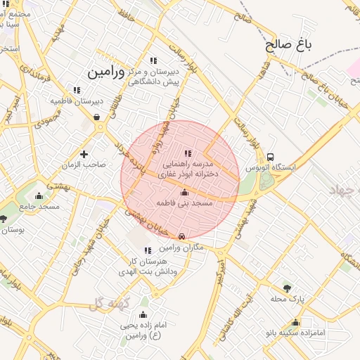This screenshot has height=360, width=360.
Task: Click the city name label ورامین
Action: click(105, 72)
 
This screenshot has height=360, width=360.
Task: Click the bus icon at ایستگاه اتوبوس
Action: click(271, 157)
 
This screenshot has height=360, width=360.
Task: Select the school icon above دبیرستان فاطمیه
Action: click(77, 90)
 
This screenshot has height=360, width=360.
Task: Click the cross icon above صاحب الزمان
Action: click(84, 153)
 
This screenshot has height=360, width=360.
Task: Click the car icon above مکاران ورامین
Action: click(182, 237)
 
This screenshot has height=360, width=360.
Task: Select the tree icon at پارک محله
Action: click(286, 288)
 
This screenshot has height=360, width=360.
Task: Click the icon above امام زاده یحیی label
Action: click(144, 314)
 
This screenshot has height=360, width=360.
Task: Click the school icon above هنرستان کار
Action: click(147, 250)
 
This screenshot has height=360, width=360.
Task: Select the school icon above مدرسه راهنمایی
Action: click(187, 153)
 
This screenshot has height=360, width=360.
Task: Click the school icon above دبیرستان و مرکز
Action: click(153, 61)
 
